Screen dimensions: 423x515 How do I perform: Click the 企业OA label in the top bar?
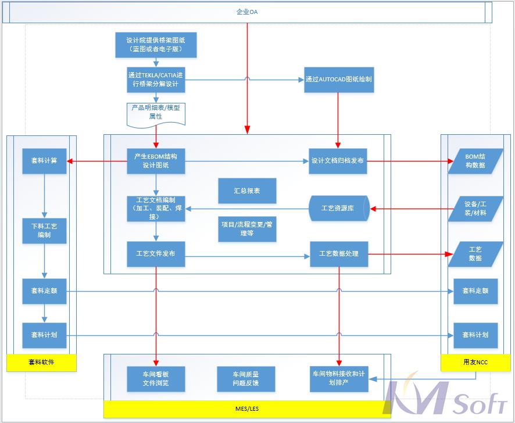pyautogui.click(x=247, y=12)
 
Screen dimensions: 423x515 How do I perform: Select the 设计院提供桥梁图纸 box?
pyautogui.click(x=156, y=45)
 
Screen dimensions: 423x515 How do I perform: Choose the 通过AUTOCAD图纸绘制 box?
pyautogui.click(x=339, y=79)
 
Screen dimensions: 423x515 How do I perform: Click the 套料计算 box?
pyautogui.click(x=44, y=161)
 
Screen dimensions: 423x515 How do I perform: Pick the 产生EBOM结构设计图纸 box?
pyautogui.click(x=156, y=161)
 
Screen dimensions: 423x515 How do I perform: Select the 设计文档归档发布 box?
pyautogui.click(x=338, y=161)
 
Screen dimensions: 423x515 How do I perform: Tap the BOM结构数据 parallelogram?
pyautogui.click(x=475, y=161)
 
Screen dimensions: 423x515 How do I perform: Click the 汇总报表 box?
pyautogui.click(x=247, y=191)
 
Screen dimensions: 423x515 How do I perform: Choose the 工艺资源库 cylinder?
pyautogui.click(x=338, y=208)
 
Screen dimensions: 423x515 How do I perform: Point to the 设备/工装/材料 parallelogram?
pyautogui.click(x=475, y=208)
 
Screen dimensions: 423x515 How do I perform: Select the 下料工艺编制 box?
pyautogui.click(x=44, y=231)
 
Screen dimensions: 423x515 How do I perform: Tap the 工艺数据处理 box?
pyautogui.click(x=338, y=254)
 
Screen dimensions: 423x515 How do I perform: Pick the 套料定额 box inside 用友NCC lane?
pyautogui.click(x=475, y=291)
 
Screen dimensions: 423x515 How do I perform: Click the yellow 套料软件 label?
pyautogui.click(x=41, y=362)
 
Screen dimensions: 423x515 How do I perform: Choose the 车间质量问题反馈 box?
pyautogui.click(x=246, y=379)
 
